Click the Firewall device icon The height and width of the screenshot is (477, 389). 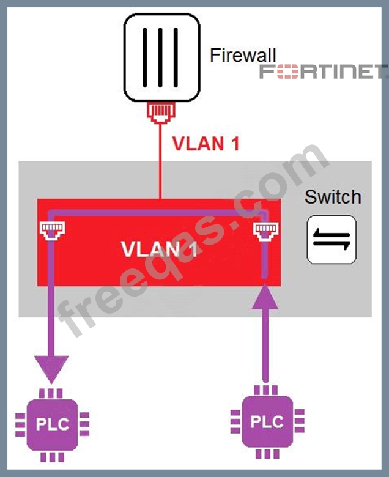(161, 57)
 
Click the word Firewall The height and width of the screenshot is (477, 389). (243, 56)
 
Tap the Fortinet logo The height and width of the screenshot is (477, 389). (323, 72)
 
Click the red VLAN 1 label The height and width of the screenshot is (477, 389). (204, 144)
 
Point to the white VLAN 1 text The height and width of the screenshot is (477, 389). (158, 249)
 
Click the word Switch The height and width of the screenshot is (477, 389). (333, 197)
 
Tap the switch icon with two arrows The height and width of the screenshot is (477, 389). (331, 239)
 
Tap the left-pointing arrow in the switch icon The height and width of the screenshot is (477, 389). (330, 244)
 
